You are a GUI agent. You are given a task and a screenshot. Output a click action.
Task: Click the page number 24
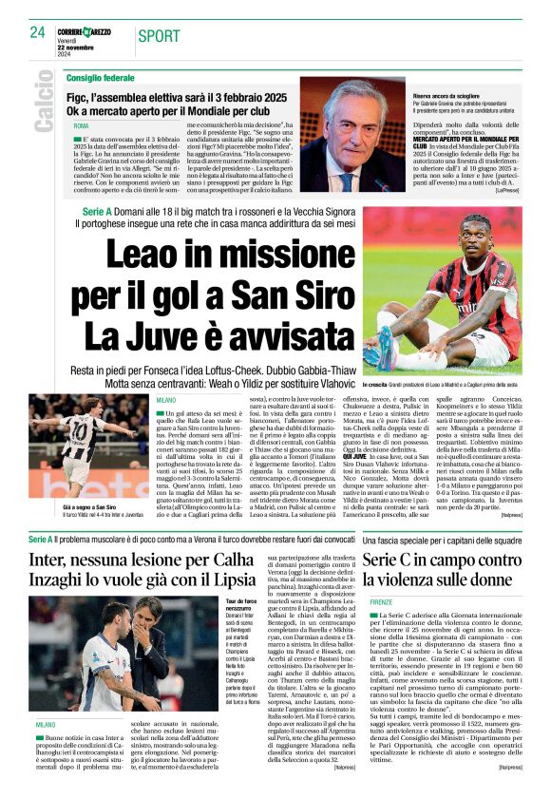coord(37,31)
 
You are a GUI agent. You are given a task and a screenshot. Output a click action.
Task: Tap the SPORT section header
coord(160,36)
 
